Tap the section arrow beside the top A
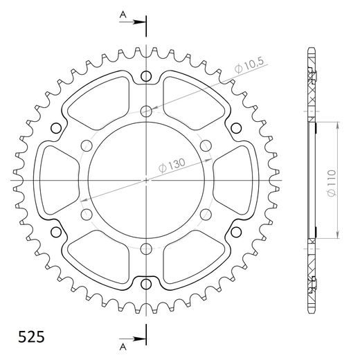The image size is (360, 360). (136, 24)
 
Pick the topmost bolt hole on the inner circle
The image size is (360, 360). (147, 110)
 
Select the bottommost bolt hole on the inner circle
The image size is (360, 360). (147, 250)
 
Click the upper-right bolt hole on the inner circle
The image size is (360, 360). (207, 145)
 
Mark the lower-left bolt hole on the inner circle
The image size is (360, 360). (87, 215)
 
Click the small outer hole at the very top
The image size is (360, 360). (147, 76)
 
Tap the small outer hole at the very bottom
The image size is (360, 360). (147, 284)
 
